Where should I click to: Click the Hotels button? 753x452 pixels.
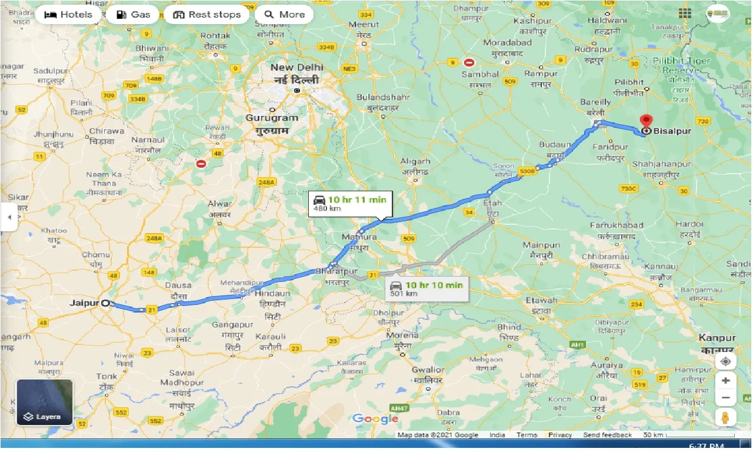pyautogui.click(x=68, y=15)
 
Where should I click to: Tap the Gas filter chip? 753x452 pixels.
pyautogui.click(x=132, y=15)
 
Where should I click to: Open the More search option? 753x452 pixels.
pyautogui.click(x=285, y=15)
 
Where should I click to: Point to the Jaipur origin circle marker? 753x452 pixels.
pyautogui.click(x=105, y=303)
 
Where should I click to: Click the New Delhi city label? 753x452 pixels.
pyautogui.click(x=297, y=68)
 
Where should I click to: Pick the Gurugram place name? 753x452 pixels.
pyautogui.click(x=272, y=118)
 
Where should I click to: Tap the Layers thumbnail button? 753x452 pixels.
pyautogui.click(x=45, y=403)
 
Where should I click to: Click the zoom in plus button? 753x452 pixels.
pyautogui.click(x=725, y=381)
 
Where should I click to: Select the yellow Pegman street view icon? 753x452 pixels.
pyautogui.click(x=725, y=418)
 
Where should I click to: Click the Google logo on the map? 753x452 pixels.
pyautogui.click(x=375, y=419)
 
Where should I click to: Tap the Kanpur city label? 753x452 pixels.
pyautogui.click(x=717, y=338)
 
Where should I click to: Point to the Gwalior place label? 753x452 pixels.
pyautogui.click(x=428, y=370)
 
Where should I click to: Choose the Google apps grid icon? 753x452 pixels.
pyautogui.click(x=685, y=13)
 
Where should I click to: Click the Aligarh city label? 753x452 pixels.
pyautogui.click(x=415, y=161)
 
